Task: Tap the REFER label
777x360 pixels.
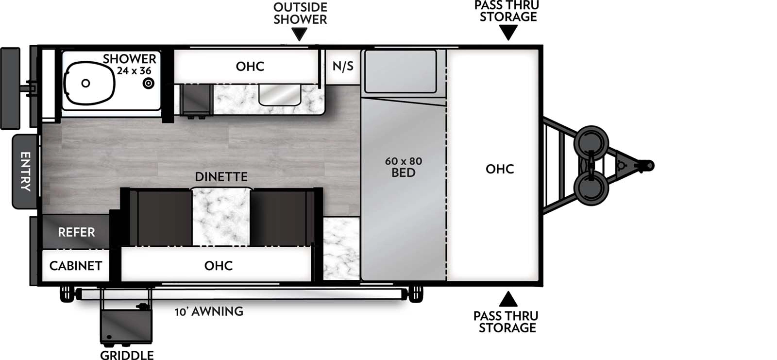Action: pyautogui.click(x=76, y=232)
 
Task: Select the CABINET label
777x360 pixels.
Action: pyautogui.click(x=76, y=266)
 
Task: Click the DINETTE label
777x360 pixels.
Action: pyautogui.click(x=221, y=176)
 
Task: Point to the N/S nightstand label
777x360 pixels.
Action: pyautogui.click(x=343, y=66)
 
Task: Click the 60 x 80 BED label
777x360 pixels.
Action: pyautogui.click(x=403, y=167)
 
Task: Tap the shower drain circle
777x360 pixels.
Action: pyautogui.click(x=148, y=84)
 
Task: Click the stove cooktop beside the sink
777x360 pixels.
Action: pyautogui.click(x=196, y=100)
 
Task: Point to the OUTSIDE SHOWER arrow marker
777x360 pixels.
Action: pyautogui.click(x=300, y=34)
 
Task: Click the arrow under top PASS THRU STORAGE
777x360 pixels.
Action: pyautogui.click(x=508, y=32)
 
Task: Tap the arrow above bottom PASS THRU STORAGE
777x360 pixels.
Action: pyautogui.click(x=508, y=299)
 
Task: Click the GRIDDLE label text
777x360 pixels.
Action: pyautogui.click(x=127, y=355)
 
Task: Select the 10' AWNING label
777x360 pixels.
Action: pyautogui.click(x=209, y=311)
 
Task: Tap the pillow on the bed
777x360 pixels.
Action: pyautogui.click(x=401, y=71)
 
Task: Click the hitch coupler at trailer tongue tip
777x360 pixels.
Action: pyautogui.click(x=647, y=166)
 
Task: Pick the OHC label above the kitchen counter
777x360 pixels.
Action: pyautogui.click(x=250, y=66)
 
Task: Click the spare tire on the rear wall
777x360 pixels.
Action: pyautogui.click(x=10, y=88)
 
